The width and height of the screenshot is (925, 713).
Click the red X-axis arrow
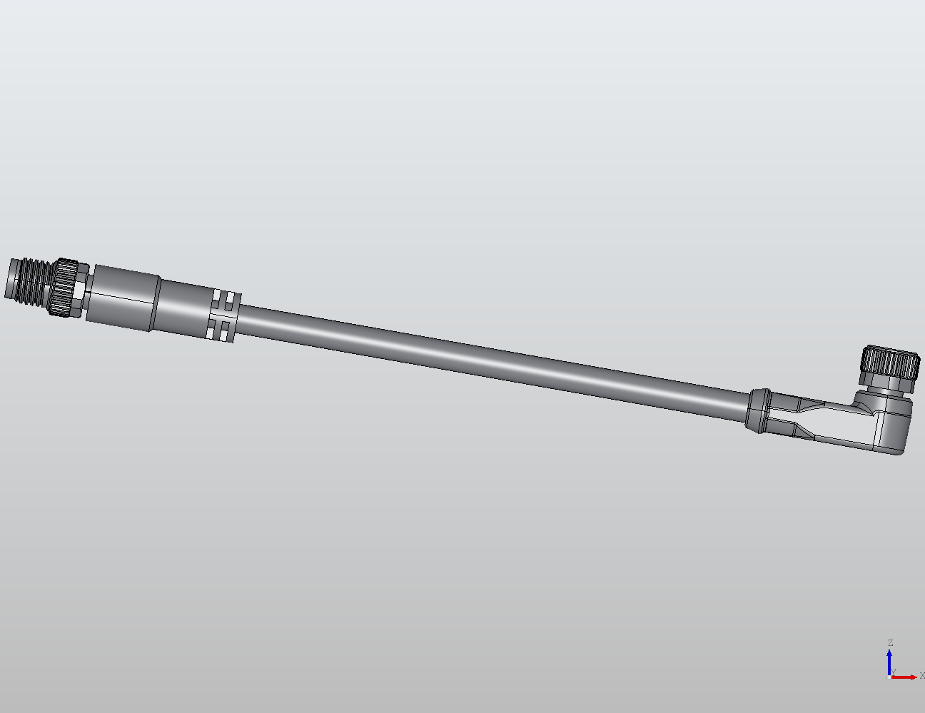pyautogui.click(x=905, y=677)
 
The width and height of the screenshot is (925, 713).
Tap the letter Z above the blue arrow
pyautogui.click(x=890, y=643)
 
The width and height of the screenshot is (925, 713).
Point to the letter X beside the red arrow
pyautogui.click(x=921, y=676)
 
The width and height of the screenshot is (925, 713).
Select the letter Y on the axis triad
pyautogui.click(x=894, y=672)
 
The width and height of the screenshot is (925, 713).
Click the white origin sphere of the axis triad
pyautogui.click(x=889, y=677)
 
